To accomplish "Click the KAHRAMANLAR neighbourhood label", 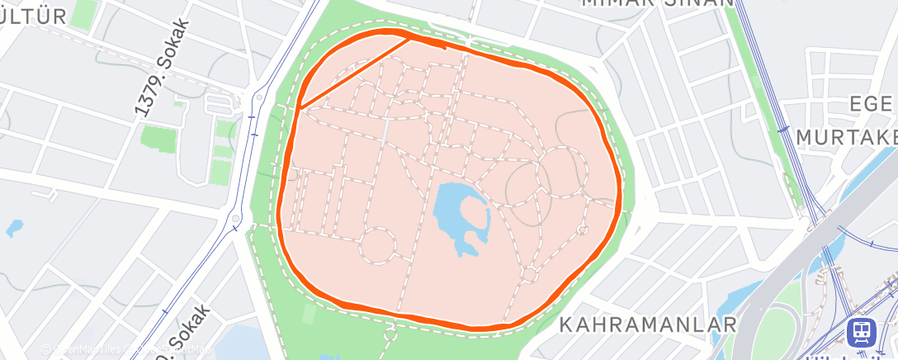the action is (648, 324).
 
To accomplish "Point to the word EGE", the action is (873, 104).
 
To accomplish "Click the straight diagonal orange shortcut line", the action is (355, 72).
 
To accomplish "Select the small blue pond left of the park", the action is (13, 228).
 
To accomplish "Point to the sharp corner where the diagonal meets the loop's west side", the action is (300, 107).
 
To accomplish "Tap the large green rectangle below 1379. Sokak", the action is (156, 136).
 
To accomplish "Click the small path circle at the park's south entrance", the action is (390, 334).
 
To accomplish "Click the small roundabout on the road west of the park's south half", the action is (236, 219).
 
